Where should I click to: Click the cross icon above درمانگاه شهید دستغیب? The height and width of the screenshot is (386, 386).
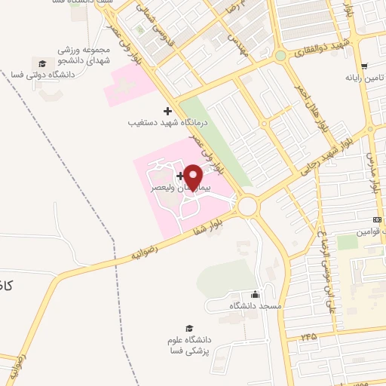point(167,111)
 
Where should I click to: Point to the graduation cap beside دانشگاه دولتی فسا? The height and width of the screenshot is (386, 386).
point(43,63)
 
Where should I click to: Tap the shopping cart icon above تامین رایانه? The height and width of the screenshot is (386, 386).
point(364,66)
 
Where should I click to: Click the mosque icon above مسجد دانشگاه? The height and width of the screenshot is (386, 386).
point(255,295)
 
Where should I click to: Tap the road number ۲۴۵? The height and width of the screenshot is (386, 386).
point(307,335)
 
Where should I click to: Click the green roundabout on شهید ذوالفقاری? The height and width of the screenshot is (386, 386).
point(280,55)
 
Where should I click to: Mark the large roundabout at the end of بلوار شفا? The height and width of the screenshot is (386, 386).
point(247,204)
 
